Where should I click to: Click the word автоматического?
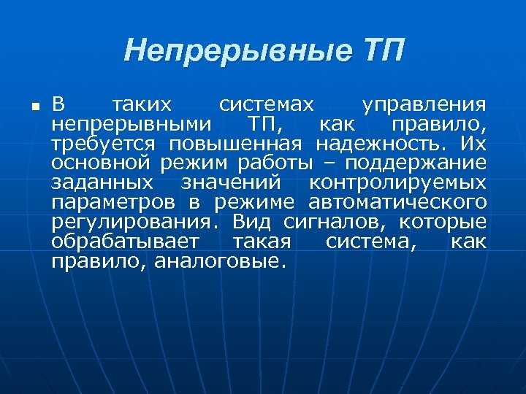point(397,201)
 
